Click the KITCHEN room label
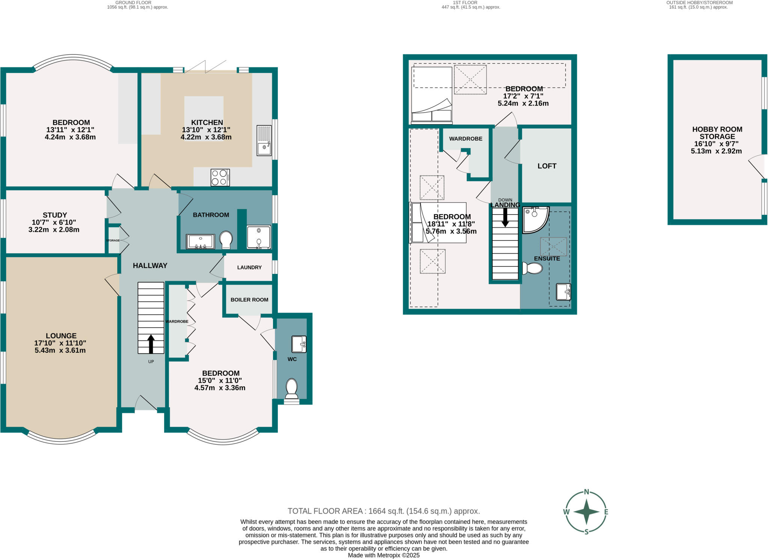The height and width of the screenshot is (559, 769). [207, 122]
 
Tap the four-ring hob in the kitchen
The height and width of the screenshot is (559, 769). [220, 177]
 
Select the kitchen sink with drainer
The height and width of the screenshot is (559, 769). [264, 140]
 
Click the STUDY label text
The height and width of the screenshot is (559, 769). [55, 215]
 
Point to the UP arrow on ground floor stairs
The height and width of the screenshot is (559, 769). [151, 344]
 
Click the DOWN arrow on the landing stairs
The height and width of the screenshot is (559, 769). [505, 217]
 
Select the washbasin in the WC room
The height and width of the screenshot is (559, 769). [299, 344]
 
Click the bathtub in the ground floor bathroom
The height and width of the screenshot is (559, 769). [201, 242]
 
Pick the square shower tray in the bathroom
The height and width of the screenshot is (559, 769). [259, 237]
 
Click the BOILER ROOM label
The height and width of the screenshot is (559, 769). [249, 300]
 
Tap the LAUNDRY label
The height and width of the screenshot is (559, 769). [249, 267]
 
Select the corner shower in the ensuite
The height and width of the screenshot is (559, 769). [534, 219]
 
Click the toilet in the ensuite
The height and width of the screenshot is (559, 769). [532, 268]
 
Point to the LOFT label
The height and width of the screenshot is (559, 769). [547, 166]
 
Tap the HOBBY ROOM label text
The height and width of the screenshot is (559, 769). [717, 129]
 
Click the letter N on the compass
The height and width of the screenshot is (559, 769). [586, 492]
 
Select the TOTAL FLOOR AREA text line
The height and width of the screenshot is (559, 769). [383, 511]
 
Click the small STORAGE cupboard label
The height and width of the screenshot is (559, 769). [113, 240]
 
